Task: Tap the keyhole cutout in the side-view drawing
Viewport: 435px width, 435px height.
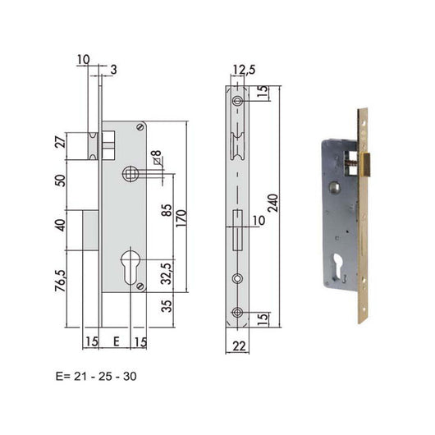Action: [130, 271]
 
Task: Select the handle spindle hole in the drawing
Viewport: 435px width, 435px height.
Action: [128, 172]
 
